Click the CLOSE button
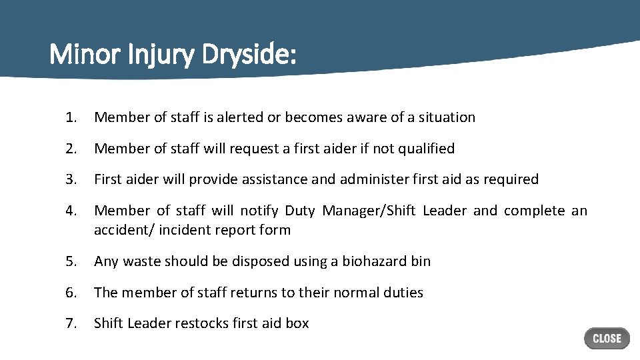[x=607, y=339]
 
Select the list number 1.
[x=71, y=117]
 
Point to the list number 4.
[x=71, y=211]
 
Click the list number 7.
[x=71, y=323]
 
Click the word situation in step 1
[x=446, y=117]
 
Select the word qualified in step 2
[x=426, y=149]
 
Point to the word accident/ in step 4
[x=122, y=230]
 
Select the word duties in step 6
[x=403, y=293]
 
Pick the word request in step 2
[x=253, y=149]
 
